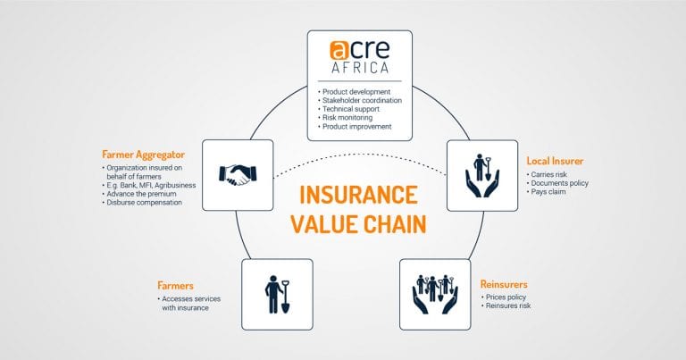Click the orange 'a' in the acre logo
click(339, 50)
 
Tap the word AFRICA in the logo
click(360, 68)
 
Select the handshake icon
click(238, 174)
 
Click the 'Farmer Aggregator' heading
click(144, 155)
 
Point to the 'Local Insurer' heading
click(555, 161)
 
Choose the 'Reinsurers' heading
click(504, 284)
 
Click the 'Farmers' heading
click(175, 286)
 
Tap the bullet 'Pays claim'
click(548, 191)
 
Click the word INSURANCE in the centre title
click(358, 195)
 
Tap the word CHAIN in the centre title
click(395, 223)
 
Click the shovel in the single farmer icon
click(285, 297)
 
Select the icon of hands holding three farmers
click(435, 294)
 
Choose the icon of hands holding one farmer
click(482, 175)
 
